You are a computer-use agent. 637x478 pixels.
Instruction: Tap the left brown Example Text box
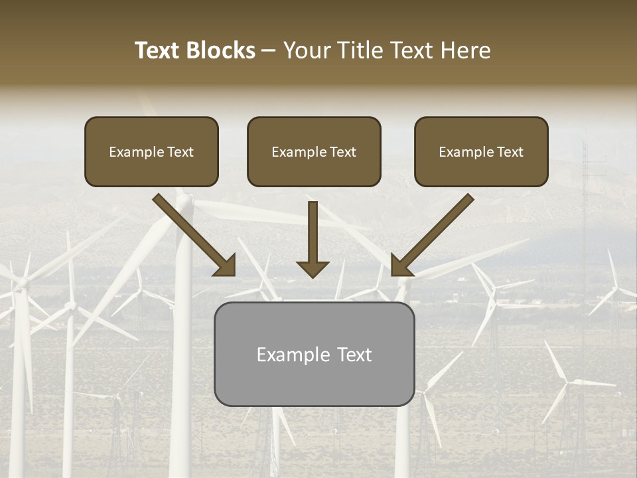pyautogui.click(x=151, y=151)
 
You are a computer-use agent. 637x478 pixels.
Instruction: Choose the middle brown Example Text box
pyautogui.click(x=314, y=151)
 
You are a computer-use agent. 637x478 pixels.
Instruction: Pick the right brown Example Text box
pyautogui.click(x=481, y=151)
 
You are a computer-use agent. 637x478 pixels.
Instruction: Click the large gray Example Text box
pyautogui.click(x=314, y=354)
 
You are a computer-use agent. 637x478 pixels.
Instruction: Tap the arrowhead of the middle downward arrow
pyautogui.click(x=313, y=268)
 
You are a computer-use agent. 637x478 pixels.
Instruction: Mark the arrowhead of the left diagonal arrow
pyautogui.click(x=226, y=266)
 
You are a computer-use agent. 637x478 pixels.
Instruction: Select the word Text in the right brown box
pyautogui.click(x=510, y=152)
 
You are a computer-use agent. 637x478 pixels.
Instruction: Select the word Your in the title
pyautogui.click(x=305, y=50)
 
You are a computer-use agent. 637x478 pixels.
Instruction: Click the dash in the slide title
pyautogui.click(x=269, y=50)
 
